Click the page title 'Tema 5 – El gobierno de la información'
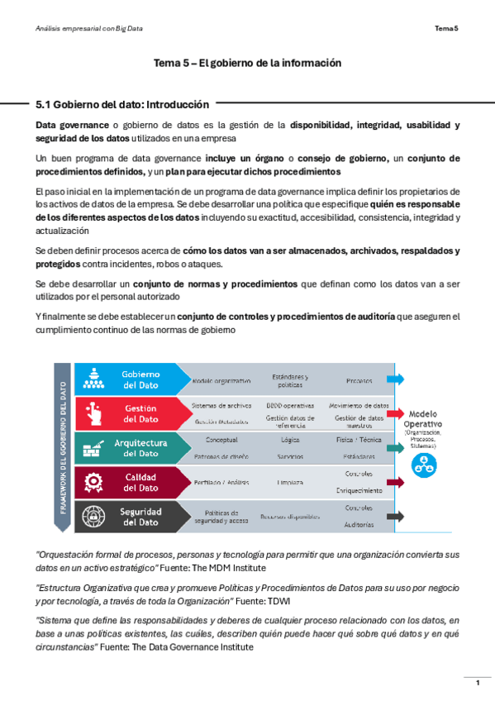pos(248,63)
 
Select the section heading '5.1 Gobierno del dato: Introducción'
pos(122,105)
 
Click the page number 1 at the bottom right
pos(477,682)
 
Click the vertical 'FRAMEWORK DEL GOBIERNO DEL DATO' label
pos(64,446)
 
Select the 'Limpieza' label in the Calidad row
pos(290,482)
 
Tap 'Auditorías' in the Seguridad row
pos(359,524)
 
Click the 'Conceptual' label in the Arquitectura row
pos(221,440)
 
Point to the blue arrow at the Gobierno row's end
pos(397,379)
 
